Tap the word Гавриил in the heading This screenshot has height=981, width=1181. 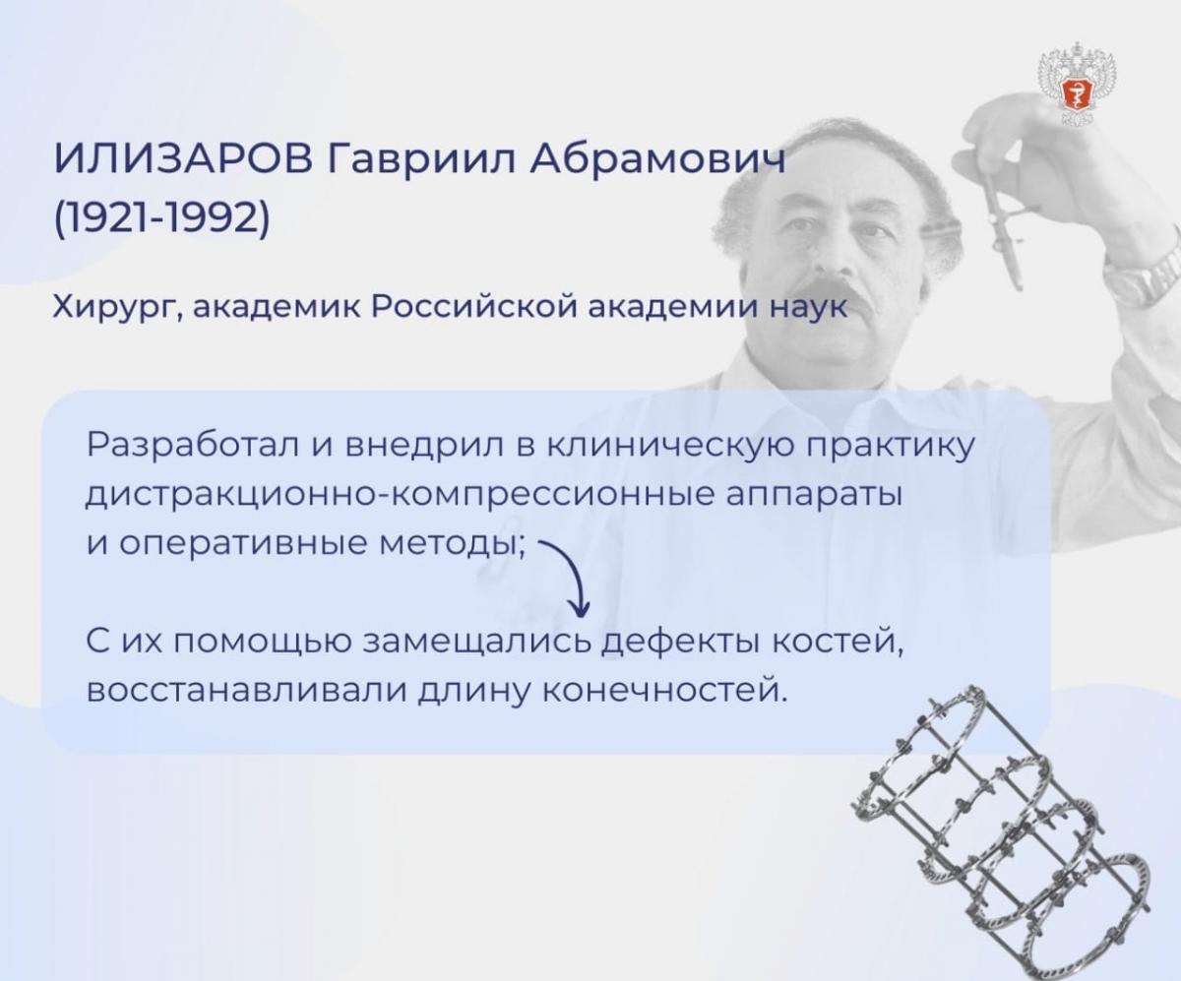422,158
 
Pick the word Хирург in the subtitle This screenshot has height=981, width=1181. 117,308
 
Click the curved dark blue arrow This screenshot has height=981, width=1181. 573,576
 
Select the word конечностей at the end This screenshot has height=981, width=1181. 664,692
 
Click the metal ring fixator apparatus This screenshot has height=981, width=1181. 1001,831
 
